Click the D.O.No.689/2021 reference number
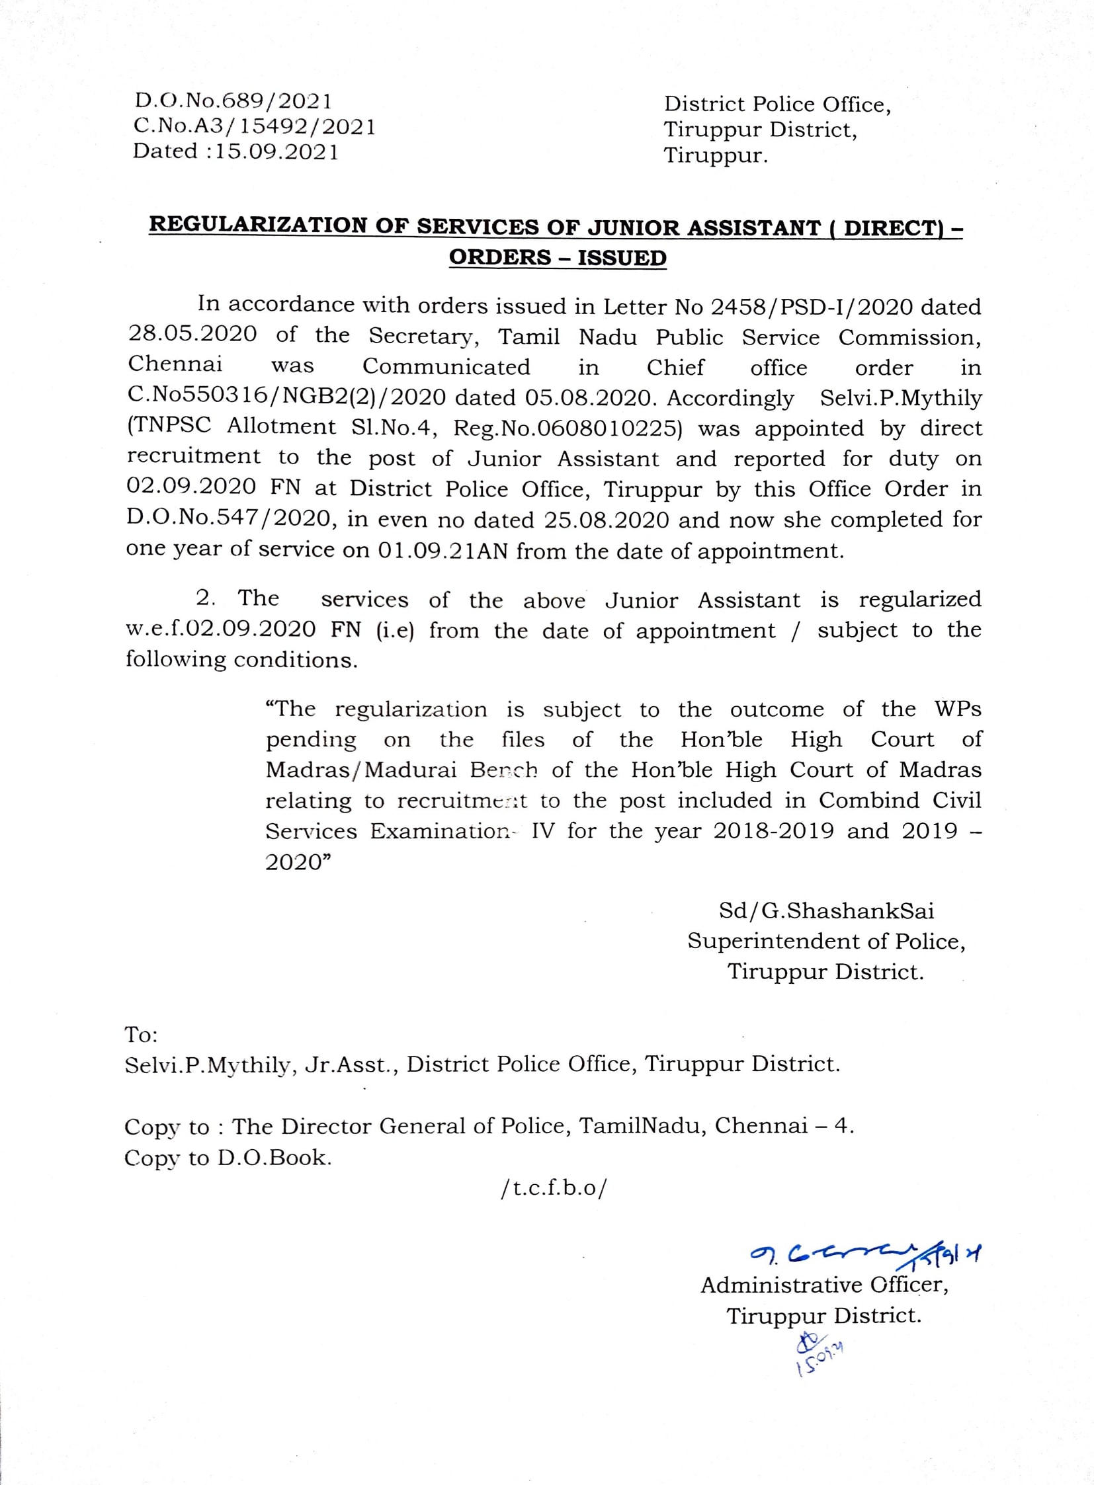click(232, 101)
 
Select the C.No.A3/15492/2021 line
click(254, 126)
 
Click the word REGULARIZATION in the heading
click(258, 225)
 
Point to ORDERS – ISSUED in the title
click(558, 258)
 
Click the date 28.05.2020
click(192, 334)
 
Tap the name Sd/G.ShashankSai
click(826, 911)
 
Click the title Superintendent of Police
click(826, 941)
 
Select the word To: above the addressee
click(141, 1034)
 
